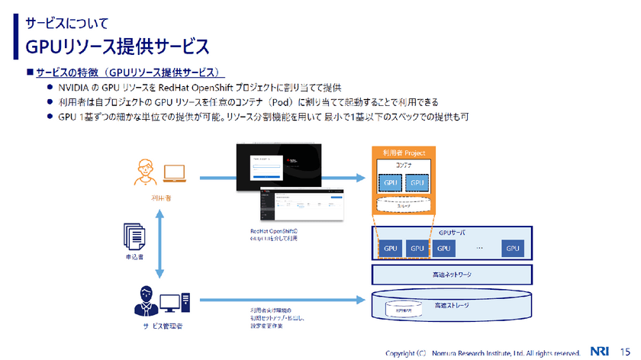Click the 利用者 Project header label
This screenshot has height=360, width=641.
pos(404,152)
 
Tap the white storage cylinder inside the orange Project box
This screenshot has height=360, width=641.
pos(404,205)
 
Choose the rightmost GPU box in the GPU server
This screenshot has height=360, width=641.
pos(511,249)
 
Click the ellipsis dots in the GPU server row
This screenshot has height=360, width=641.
pos(479,249)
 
